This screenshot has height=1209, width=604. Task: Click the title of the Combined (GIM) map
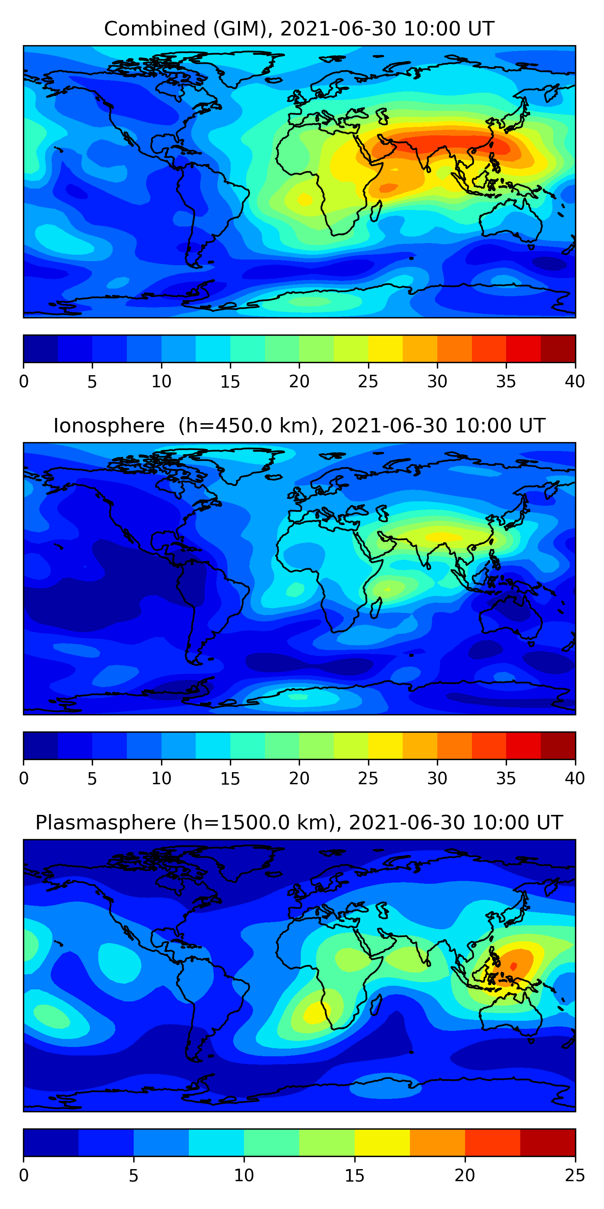(299, 29)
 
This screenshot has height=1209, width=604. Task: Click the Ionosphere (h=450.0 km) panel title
(299, 426)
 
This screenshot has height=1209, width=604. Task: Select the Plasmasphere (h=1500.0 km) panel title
(299, 823)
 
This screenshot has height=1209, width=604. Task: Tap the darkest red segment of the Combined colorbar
(558, 349)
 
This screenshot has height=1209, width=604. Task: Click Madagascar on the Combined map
(376, 211)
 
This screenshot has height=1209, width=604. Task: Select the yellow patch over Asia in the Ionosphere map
(443, 536)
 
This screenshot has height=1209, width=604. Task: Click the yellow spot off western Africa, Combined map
(305, 200)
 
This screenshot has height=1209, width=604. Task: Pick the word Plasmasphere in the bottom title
(105, 823)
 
